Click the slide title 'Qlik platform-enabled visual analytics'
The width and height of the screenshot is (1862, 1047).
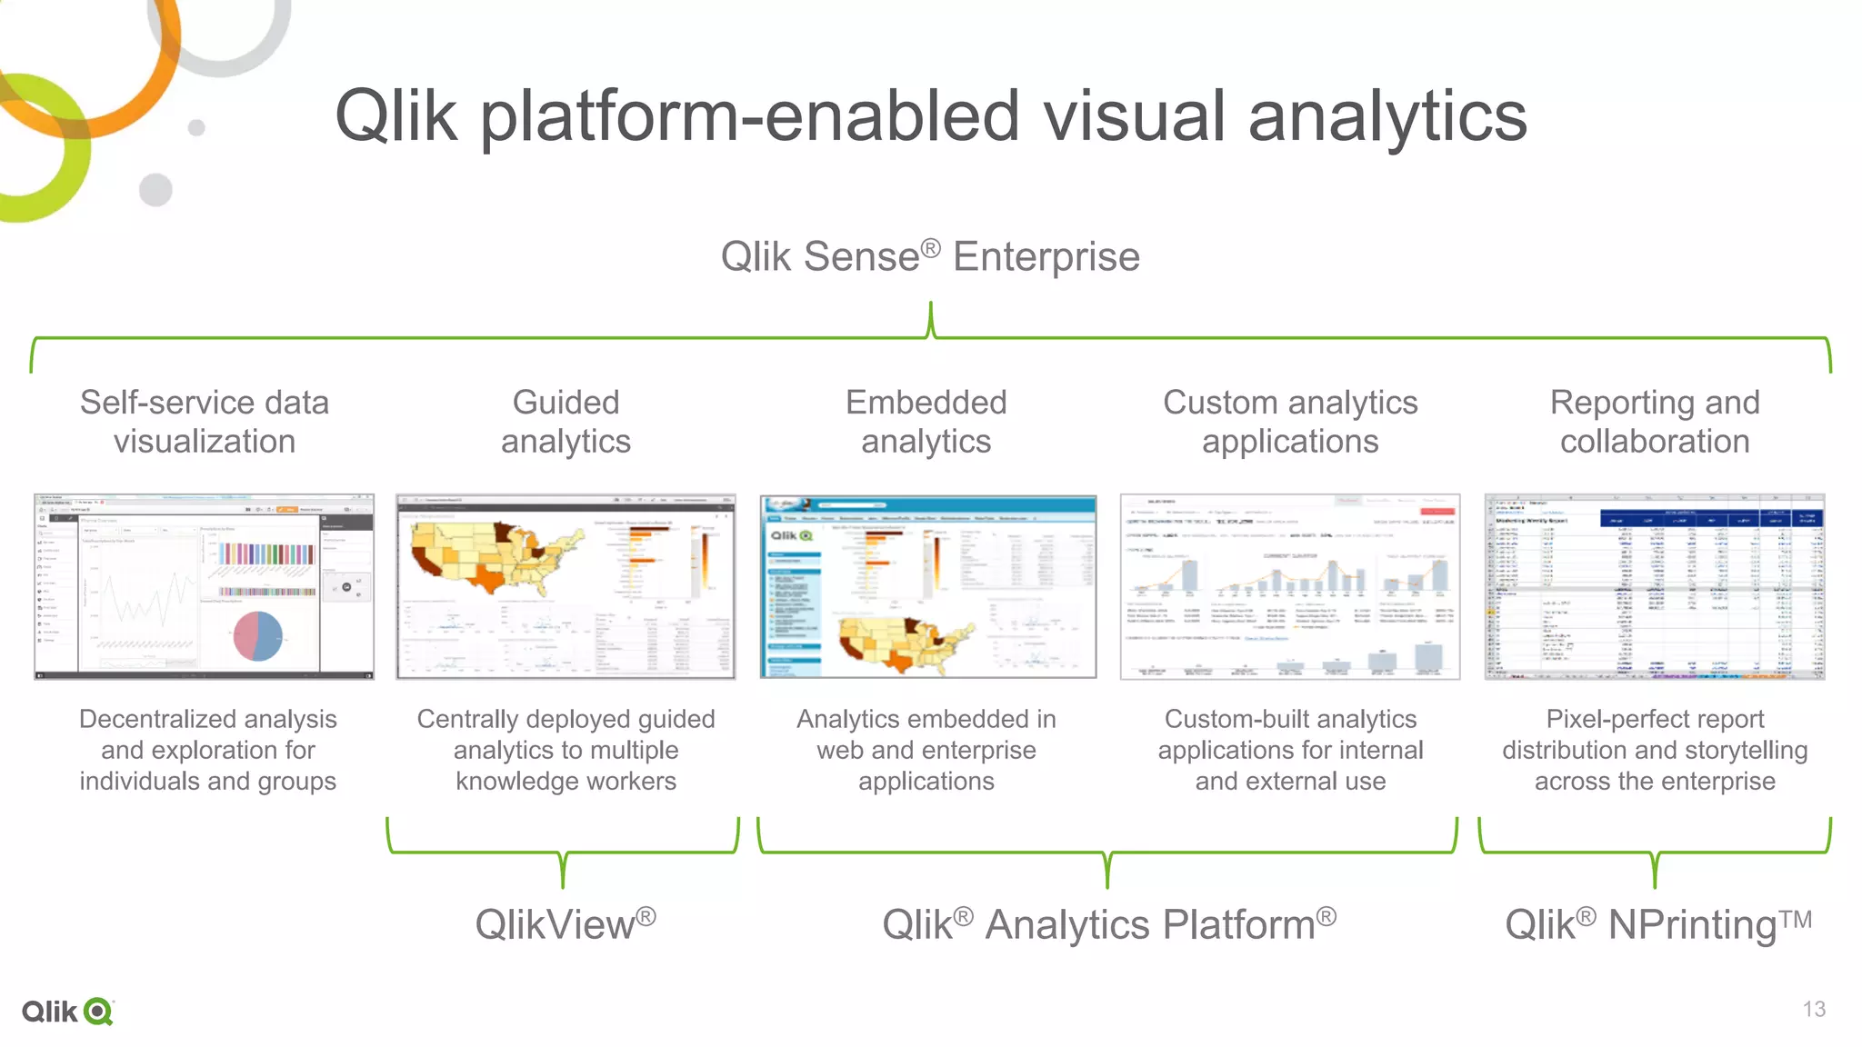[x=930, y=116]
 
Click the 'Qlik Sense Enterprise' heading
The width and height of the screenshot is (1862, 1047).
[x=930, y=256]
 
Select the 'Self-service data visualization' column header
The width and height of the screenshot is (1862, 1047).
[x=205, y=422]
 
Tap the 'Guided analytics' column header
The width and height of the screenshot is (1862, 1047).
[x=566, y=422]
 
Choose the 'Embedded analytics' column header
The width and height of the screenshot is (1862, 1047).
[x=926, y=422]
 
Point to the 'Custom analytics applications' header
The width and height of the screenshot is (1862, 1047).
[x=1290, y=422]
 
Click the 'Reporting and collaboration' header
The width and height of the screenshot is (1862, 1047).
[x=1655, y=422]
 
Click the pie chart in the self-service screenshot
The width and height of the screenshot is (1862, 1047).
[x=258, y=635]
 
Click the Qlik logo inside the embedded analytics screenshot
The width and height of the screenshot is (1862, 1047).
[x=792, y=536]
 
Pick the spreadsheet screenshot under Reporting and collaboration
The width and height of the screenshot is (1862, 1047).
[x=1654, y=587]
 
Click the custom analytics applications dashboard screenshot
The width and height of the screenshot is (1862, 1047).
[x=1290, y=587]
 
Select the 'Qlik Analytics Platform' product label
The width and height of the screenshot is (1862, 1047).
[x=1108, y=924]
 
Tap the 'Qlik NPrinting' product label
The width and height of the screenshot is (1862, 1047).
[x=1657, y=924]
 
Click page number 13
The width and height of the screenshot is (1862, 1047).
[x=1814, y=1009]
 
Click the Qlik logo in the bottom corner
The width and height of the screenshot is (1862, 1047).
[x=68, y=1012]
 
